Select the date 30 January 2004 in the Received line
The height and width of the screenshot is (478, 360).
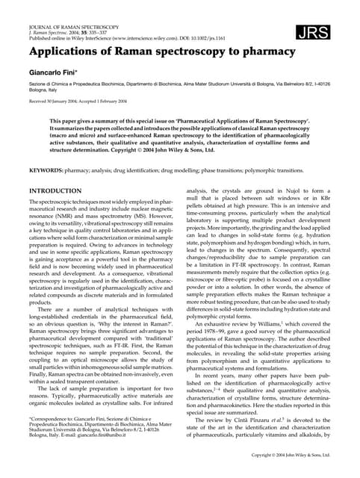pos(64,102)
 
